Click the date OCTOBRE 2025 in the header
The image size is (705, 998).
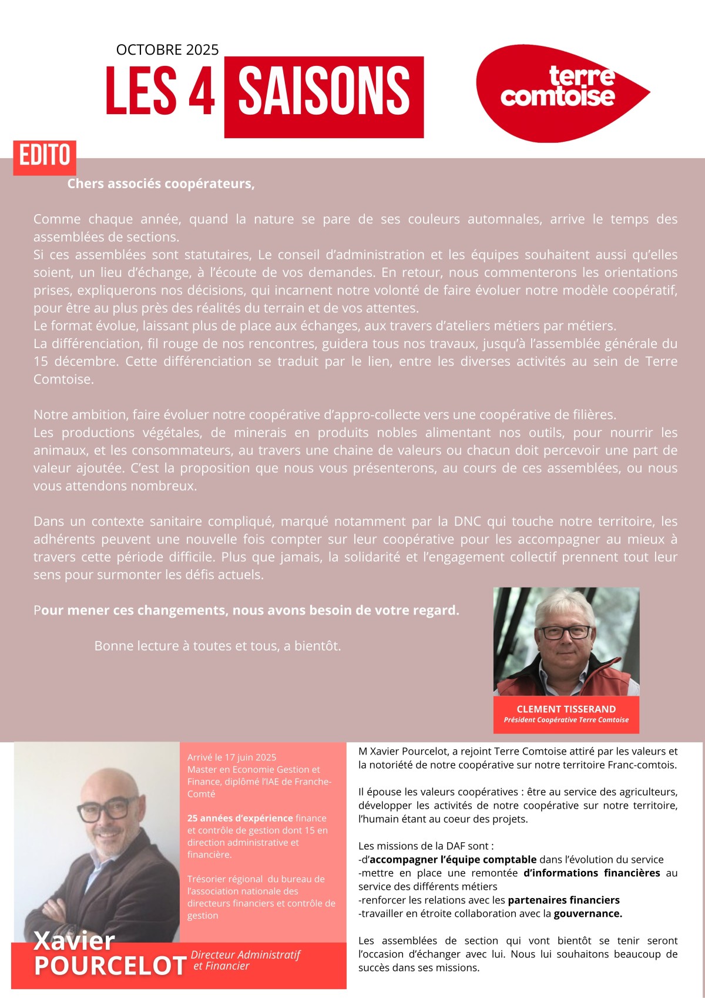167,50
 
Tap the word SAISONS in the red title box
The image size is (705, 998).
324,91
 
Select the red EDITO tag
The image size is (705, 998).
45,156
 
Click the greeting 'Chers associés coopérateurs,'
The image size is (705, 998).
160,184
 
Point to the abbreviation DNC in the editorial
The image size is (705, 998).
468,522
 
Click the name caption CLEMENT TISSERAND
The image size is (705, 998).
566,709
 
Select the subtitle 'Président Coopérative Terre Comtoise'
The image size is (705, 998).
566,720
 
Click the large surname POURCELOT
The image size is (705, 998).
110,966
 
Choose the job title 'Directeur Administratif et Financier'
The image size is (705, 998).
245,960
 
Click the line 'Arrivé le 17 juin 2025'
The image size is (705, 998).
231,757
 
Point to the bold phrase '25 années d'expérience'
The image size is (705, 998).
240,818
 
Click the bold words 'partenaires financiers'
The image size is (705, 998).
563,900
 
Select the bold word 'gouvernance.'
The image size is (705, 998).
587,913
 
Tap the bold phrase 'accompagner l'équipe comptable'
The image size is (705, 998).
452,859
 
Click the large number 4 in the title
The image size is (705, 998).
202,91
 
